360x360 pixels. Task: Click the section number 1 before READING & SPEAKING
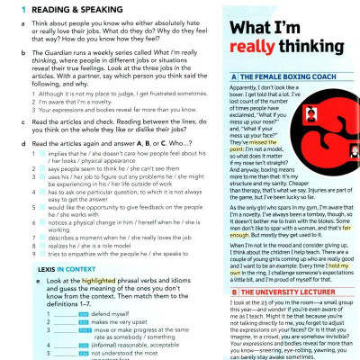point(9,6)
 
